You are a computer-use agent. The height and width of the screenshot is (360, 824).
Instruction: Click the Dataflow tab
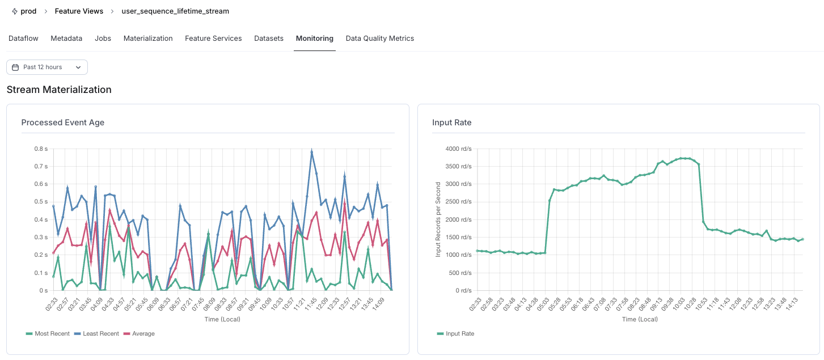click(x=23, y=39)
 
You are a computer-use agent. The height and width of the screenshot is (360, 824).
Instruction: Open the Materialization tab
click(x=148, y=39)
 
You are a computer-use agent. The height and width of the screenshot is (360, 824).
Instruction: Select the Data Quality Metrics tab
click(x=379, y=39)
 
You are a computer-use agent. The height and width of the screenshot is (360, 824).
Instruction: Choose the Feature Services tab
click(x=213, y=39)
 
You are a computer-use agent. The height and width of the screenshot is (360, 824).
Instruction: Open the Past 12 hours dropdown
click(x=47, y=67)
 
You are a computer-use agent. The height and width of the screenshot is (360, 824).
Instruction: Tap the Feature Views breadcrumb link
click(x=79, y=11)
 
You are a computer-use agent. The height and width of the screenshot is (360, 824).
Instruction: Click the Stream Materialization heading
click(x=59, y=90)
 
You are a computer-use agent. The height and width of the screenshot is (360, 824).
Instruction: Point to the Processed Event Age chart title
click(x=63, y=122)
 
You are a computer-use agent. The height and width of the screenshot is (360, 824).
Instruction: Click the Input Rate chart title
click(x=451, y=122)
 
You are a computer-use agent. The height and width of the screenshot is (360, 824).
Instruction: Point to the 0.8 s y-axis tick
click(x=40, y=149)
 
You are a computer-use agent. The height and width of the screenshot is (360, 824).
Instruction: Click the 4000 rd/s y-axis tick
click(x=458, y=149)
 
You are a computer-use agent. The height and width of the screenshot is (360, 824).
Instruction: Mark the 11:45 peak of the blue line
click(x=312, y=152)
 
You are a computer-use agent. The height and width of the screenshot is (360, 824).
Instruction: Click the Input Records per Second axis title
click(x=438, y=219)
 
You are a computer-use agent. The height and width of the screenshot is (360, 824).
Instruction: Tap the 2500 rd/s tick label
click(x=458, y=202)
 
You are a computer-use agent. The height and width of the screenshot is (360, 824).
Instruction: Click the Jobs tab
click(x=103, y=39)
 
